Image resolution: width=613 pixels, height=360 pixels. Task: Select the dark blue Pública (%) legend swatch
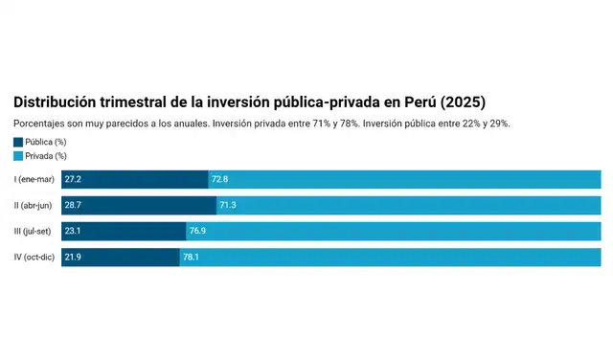pyautogui.click(x=18, y=142)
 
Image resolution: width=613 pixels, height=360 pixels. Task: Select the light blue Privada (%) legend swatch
pyautogui.click(x=18, y=155)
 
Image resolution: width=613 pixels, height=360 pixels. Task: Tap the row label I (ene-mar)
pyautogui.click(x=34, y=179)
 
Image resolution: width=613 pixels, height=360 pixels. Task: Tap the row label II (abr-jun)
pyautogui.click(x=34, y=205)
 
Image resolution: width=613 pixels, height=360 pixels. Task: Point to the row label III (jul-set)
pyautogui.click(x=34, y=231)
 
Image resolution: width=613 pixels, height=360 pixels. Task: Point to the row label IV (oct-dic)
pyautogui.click(x=34, y=257)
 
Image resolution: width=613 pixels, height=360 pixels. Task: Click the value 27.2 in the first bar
pyautogui.click(x=73, y=179)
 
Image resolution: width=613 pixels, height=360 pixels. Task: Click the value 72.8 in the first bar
pyautogui.click(x=220, y=179)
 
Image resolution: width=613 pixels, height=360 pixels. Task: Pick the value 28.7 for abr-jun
pyautogui.click(x=73, y=205)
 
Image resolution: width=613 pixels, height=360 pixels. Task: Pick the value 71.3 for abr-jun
pyautogui.click(x=228, y=205)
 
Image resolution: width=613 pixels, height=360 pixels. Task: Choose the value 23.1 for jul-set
pyautogui.click(x=73, y=231)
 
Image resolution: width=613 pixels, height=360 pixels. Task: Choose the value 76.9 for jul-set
pyautogui.click(x=198, y=231)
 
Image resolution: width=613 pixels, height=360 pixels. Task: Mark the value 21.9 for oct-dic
pyautogui.click(x=73, y=257)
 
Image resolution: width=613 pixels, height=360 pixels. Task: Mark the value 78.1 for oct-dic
pyautogui.click(x=192, y=257)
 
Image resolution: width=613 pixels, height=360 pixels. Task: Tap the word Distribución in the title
pyautogui.click(x=58, y=101)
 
